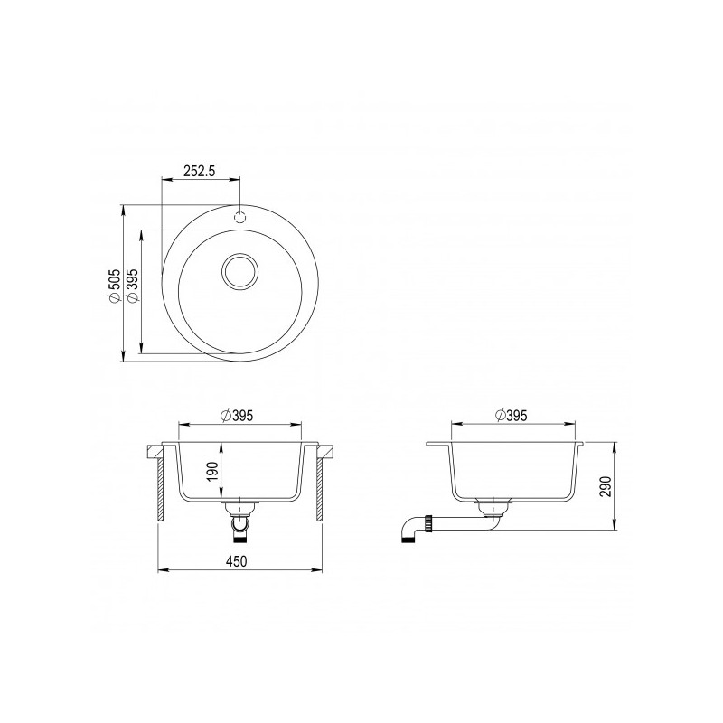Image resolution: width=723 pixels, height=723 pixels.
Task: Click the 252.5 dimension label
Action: coord(200,172)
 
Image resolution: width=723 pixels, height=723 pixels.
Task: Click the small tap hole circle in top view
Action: coord(240,217)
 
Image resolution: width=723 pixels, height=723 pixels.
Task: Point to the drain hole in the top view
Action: coord(240,269)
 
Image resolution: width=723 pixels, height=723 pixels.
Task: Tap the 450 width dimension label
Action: coord(238,560)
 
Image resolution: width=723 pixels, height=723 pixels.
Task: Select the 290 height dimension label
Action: coord(606,485)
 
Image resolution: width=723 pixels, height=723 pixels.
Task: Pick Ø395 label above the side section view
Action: coord(512,415)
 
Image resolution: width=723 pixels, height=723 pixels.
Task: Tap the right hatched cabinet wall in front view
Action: coord(319,488)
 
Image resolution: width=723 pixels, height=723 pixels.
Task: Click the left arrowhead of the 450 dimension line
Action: coord(163,570)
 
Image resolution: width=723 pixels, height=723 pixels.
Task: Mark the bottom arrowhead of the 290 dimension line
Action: coord(615,529)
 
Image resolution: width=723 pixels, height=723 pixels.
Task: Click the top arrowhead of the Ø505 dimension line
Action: coord(123,208)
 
